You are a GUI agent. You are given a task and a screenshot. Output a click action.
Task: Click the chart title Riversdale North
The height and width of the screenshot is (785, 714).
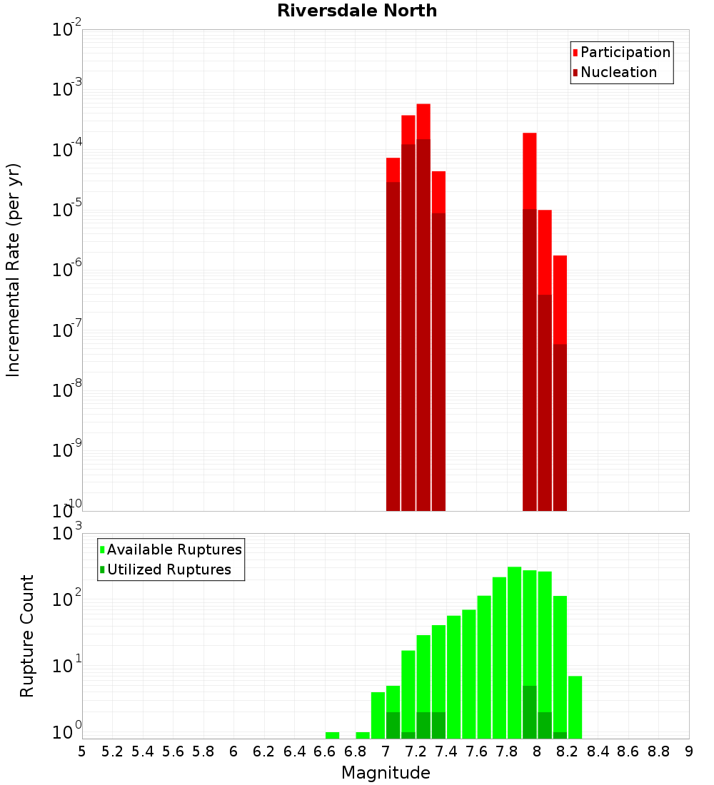pyautogui.click(x=357, y=11)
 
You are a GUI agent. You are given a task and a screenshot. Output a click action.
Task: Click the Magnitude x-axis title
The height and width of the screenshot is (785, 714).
pyautogui.click(x=386, y=773)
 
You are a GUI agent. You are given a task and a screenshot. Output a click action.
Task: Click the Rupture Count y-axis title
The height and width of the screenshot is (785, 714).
pyautogui.click(x=27, y=635)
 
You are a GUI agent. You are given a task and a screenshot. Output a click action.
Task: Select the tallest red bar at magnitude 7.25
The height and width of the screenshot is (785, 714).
pyautogui.click(x=423, y=121)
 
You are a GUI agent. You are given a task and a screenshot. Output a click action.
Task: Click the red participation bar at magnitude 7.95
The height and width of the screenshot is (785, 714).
pyautogui.click(x=530, y=171)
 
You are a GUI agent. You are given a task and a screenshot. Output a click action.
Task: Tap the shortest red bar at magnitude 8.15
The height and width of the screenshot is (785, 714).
pyautogui.click(x=560, y=300)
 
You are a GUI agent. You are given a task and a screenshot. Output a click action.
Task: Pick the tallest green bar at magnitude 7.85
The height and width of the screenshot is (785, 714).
pyautogui.click(x=514, y=642)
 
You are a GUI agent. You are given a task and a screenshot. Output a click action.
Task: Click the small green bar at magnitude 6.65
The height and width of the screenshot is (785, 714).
pyautogui.click(x=332, y=735)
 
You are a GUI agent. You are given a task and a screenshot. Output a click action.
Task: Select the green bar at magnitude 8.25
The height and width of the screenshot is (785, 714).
pyautogui.click(x=575, y=706)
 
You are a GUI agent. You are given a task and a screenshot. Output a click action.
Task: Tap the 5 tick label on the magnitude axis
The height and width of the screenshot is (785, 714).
pyautogui.click(x=82, y=751)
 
